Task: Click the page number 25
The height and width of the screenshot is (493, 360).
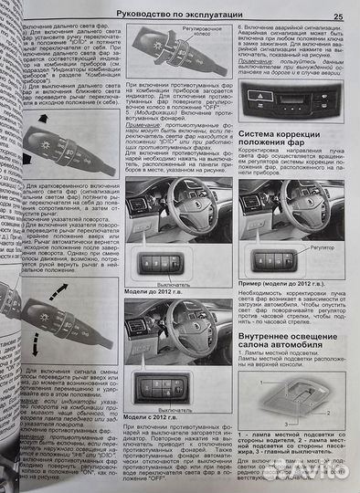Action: (338, 15)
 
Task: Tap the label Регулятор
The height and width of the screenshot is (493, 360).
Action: (324, 244)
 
